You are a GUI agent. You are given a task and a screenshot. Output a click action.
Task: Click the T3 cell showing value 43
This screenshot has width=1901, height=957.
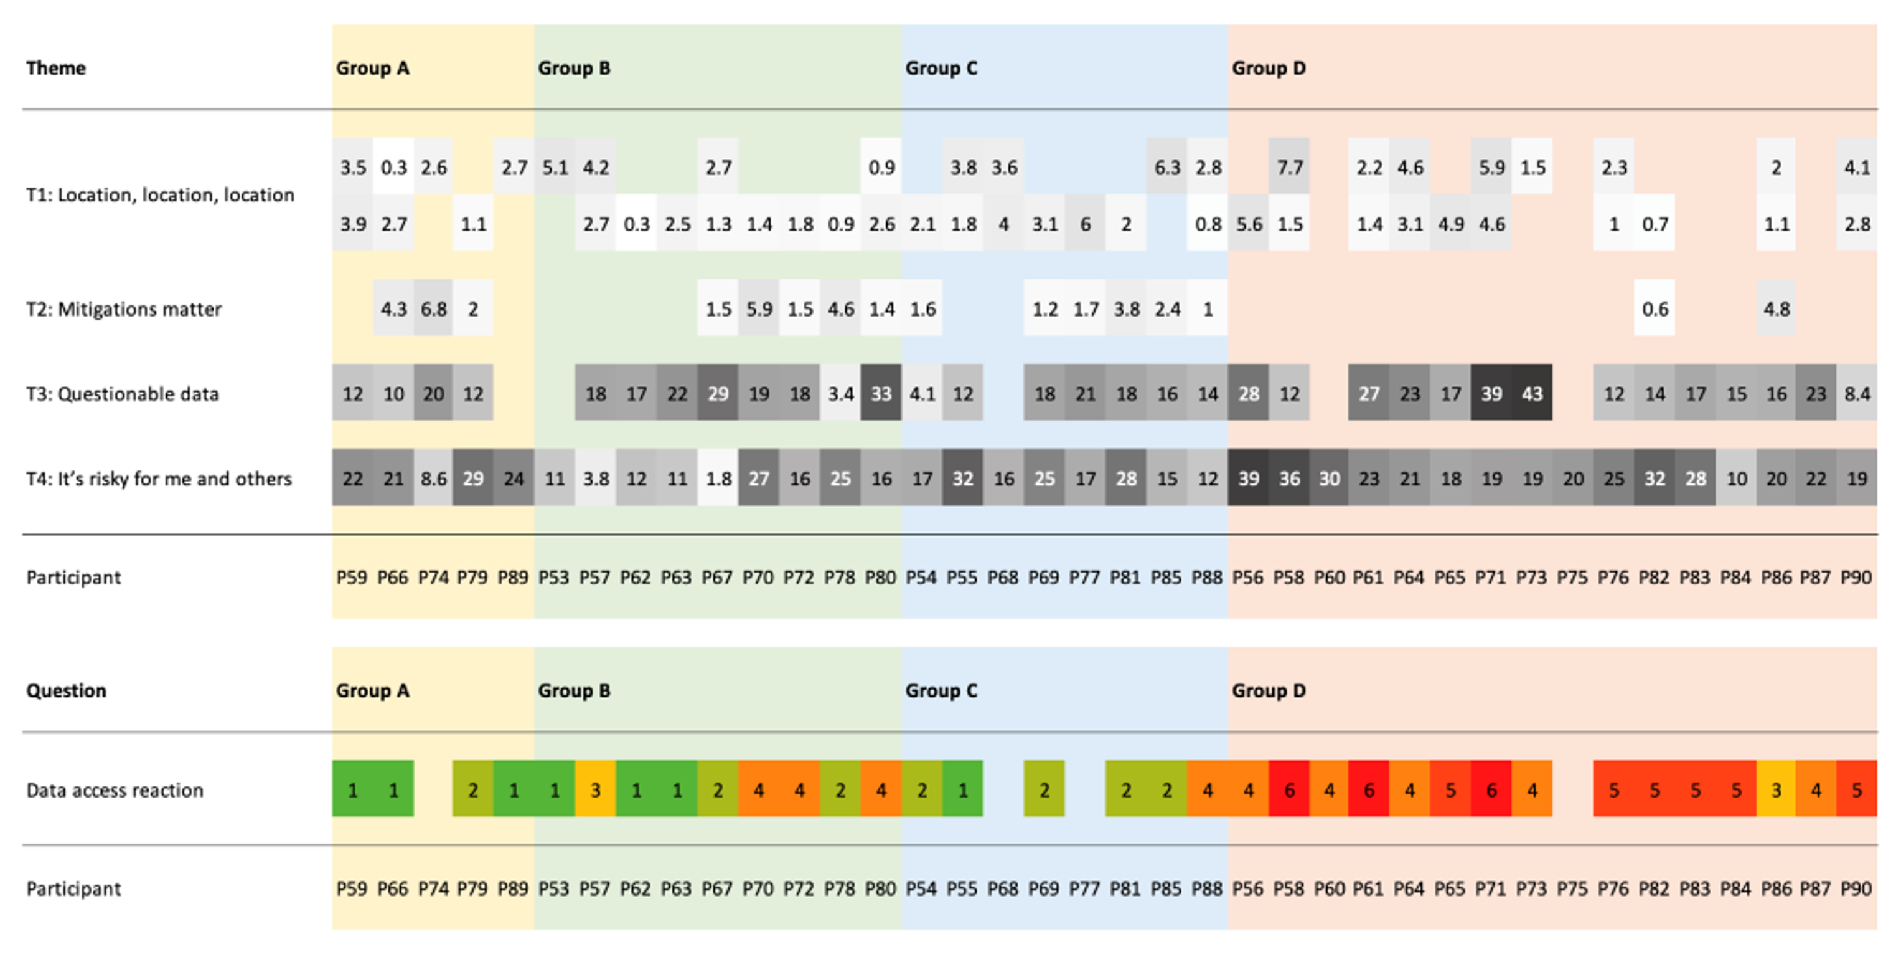point(1532,394)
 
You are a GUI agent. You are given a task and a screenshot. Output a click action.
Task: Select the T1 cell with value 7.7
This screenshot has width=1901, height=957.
point(1289,168)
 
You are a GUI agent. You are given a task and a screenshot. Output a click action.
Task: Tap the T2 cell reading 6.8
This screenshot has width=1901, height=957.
point(433,308)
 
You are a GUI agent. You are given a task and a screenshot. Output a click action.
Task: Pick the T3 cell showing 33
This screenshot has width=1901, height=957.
point(881,394)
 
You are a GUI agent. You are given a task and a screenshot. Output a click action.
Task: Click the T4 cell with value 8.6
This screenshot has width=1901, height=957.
point(433,478)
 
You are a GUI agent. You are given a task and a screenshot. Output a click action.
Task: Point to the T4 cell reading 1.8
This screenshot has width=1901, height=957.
point(718,478)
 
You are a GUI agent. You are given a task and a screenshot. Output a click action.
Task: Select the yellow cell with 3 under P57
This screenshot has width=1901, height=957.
point(596,790)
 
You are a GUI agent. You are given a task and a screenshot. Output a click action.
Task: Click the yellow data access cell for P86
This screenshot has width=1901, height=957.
point(1777,790)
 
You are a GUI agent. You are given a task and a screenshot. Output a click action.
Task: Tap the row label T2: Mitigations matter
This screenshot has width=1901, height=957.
point(124,308)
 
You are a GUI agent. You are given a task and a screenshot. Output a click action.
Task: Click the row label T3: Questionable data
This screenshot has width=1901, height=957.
point(123,394)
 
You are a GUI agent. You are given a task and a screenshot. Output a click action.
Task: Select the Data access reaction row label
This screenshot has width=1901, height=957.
point(115,790)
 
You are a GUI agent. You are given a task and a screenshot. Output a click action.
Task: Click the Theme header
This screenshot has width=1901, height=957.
point(56,68)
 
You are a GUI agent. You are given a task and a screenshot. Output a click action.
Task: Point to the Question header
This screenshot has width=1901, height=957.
point(67,690)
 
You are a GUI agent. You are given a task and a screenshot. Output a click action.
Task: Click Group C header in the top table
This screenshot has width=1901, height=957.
point(941,68)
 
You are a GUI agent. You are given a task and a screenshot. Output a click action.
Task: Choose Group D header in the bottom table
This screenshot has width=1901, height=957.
point(1269,690)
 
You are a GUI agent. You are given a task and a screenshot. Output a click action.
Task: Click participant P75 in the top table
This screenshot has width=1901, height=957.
point(1572,577)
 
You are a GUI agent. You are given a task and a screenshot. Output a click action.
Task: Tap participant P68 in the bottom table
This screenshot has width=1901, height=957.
point(1003,888)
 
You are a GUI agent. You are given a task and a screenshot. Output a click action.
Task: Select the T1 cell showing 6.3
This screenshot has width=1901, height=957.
point(1166,168)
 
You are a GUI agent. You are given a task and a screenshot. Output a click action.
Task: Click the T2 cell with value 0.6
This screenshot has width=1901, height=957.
point(1655,308)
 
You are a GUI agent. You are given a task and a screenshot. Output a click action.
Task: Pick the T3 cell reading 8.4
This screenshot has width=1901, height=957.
point(1857,394)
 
